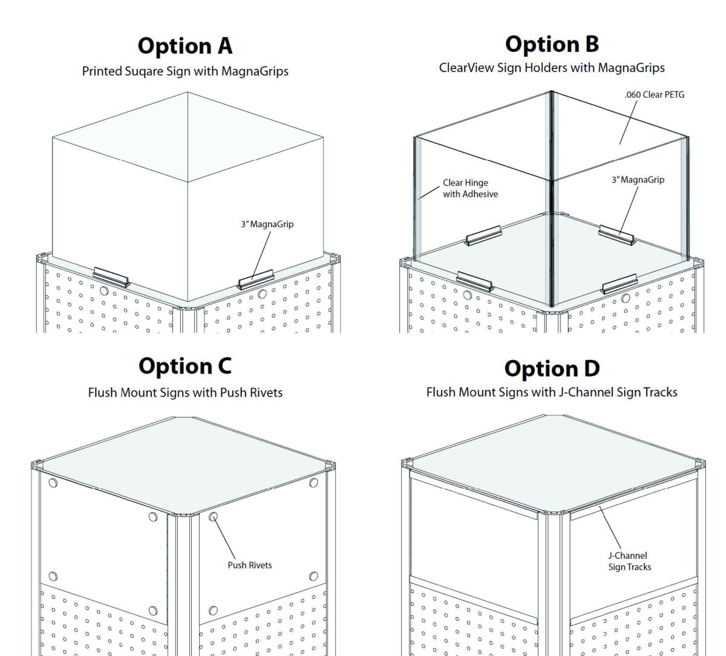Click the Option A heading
(185, 46)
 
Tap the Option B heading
(552, 44)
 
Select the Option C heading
(185, 366)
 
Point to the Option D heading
(552, 368)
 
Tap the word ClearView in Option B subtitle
(466, 68)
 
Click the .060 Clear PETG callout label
(655, 95)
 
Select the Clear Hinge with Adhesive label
(470, 188)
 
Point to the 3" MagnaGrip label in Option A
(267, 224)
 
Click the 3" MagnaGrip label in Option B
(637, 180)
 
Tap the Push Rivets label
(249, 565)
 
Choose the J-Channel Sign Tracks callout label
(629, 561)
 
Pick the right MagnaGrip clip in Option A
(255, 281)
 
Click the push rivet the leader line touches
(214, 517)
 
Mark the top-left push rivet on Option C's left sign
(53, 483)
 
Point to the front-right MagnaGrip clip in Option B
(620, 283)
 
